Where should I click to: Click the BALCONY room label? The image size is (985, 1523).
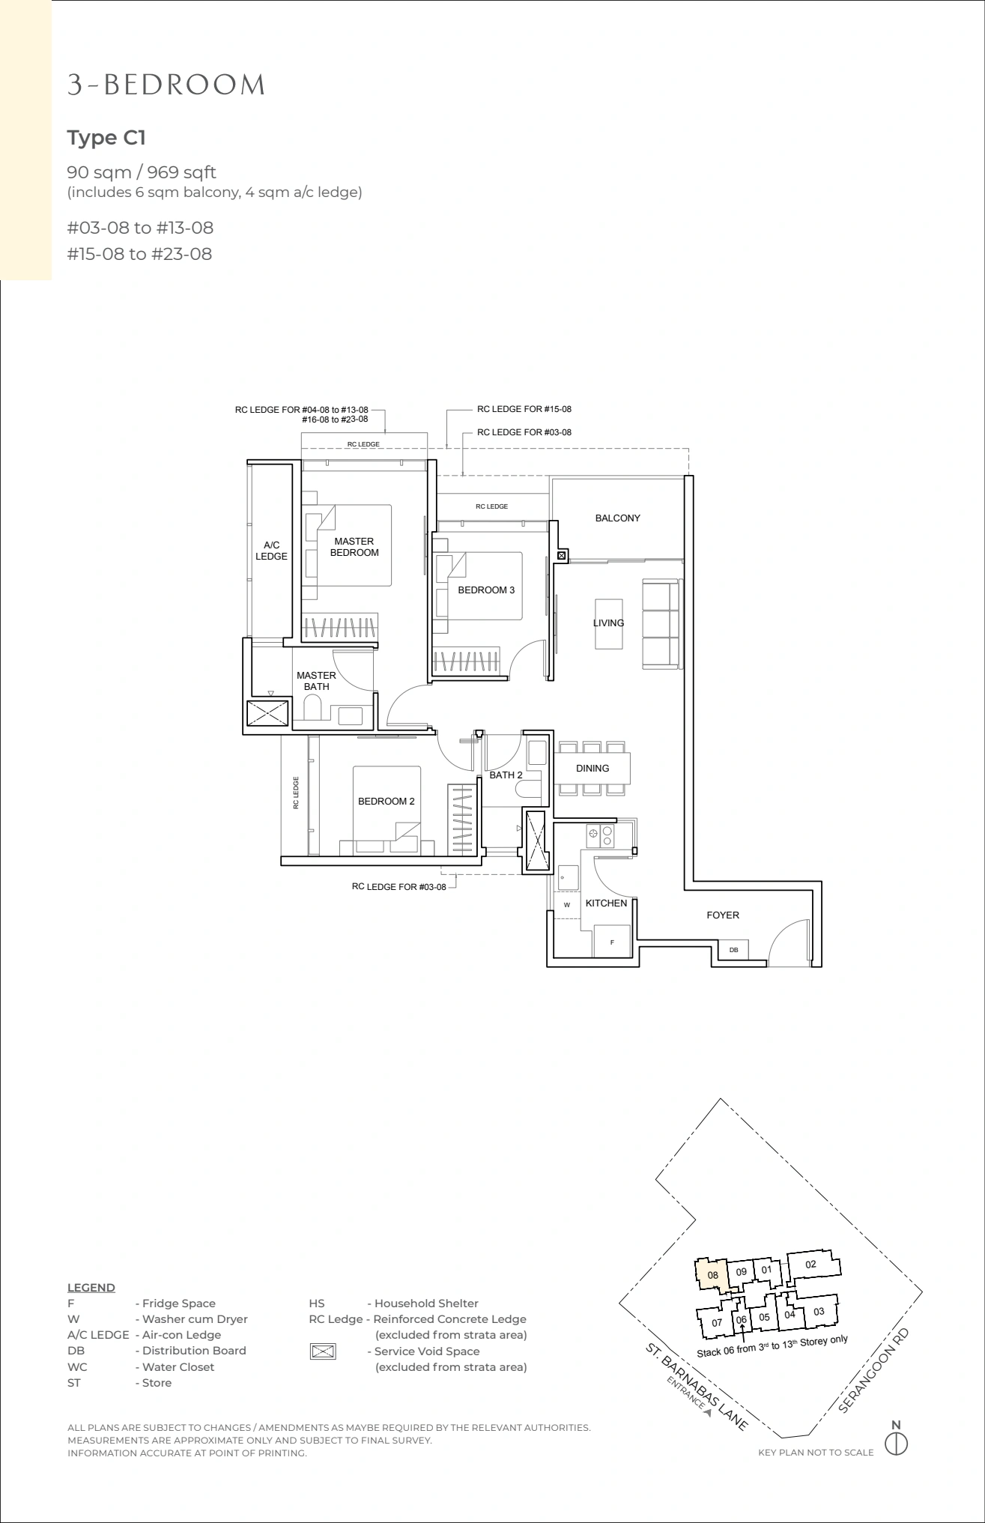617,518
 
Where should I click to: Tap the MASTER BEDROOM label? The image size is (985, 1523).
354,547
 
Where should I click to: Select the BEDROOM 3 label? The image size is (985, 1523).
486,590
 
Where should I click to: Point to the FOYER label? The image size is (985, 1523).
722,915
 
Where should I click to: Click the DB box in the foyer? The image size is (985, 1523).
734,950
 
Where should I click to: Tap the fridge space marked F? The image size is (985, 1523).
612,941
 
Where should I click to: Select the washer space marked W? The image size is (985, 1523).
567,904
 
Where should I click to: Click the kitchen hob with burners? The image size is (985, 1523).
601,835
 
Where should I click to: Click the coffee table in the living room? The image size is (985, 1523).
608,623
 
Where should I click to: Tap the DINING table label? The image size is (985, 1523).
592,768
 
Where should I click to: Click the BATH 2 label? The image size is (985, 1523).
506,775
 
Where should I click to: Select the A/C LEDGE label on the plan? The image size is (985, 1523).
271,551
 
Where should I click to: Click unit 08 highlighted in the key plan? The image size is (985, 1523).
713,1275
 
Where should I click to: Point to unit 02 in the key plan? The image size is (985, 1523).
811,1265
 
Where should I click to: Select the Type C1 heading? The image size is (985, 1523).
106,138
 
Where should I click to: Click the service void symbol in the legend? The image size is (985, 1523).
322,1351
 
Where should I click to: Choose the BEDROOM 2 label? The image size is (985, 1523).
386,801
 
